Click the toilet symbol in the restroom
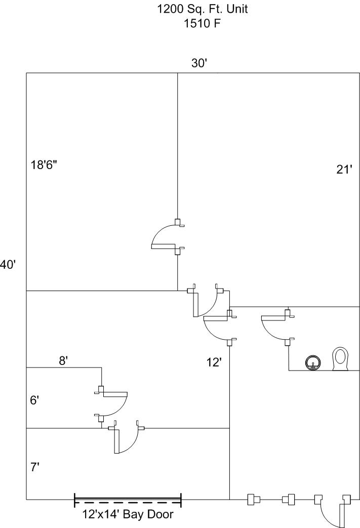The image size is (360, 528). point(340,359)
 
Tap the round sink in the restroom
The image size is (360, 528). point(313,363)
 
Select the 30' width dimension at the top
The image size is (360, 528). point(198,63)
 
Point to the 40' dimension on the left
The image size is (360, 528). point(8,265)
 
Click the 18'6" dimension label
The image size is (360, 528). point(44,165)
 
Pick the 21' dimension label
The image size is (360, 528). point(344,170)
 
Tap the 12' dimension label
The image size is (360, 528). point(214,362)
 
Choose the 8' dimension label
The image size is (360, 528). point(64,360)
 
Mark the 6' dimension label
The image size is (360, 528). point(35,400)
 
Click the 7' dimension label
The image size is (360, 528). point(35,467)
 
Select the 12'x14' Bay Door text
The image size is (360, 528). point(128,514)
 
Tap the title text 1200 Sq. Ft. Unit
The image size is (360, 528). point(203,9)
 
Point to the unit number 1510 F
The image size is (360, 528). point(202,23)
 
